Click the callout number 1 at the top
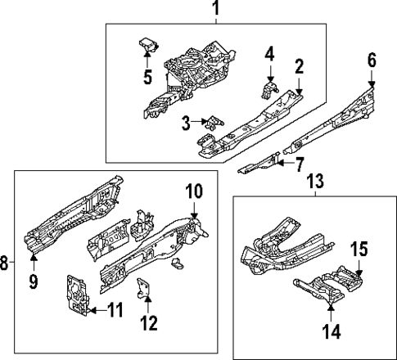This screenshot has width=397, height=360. click(216, 9)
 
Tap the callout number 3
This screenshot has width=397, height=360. click(186, 123)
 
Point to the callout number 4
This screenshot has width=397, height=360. click(268, 55)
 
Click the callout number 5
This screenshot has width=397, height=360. click(147, 78)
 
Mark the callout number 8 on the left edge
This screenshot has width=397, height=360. click(5, 263)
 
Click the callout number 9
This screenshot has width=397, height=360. click(34, 282)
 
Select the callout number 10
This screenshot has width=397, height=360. click(193, 191)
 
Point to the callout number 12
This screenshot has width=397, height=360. click(148, 323)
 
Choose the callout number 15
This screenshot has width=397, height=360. click(359, 247)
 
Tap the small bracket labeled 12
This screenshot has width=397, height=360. click(144, 288)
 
